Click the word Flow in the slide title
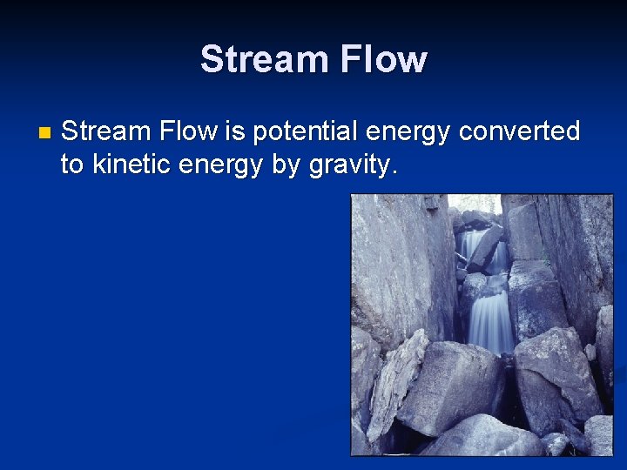tap(383, 60)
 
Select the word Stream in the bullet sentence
tap(106, 131)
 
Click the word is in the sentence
tap(235, 131)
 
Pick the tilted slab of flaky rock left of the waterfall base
tap(396, 383)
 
